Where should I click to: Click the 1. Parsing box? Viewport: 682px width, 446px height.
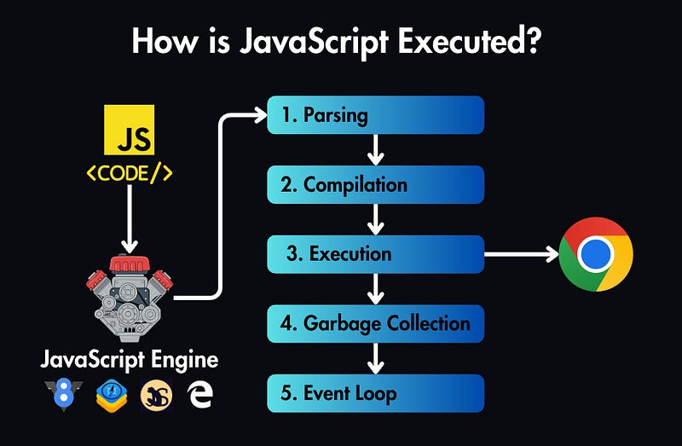375,115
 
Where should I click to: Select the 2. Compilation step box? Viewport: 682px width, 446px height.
375,184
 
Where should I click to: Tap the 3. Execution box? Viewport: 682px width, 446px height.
375,254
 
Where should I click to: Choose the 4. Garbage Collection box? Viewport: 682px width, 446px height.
375,324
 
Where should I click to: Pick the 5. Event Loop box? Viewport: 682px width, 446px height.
375,393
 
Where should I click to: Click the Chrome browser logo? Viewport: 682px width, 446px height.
596,254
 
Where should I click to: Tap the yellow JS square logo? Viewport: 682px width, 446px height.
129,130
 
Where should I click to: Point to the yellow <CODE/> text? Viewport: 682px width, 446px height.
130,172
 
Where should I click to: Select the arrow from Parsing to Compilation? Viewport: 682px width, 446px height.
375,150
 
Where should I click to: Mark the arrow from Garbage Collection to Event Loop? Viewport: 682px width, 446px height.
375,359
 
